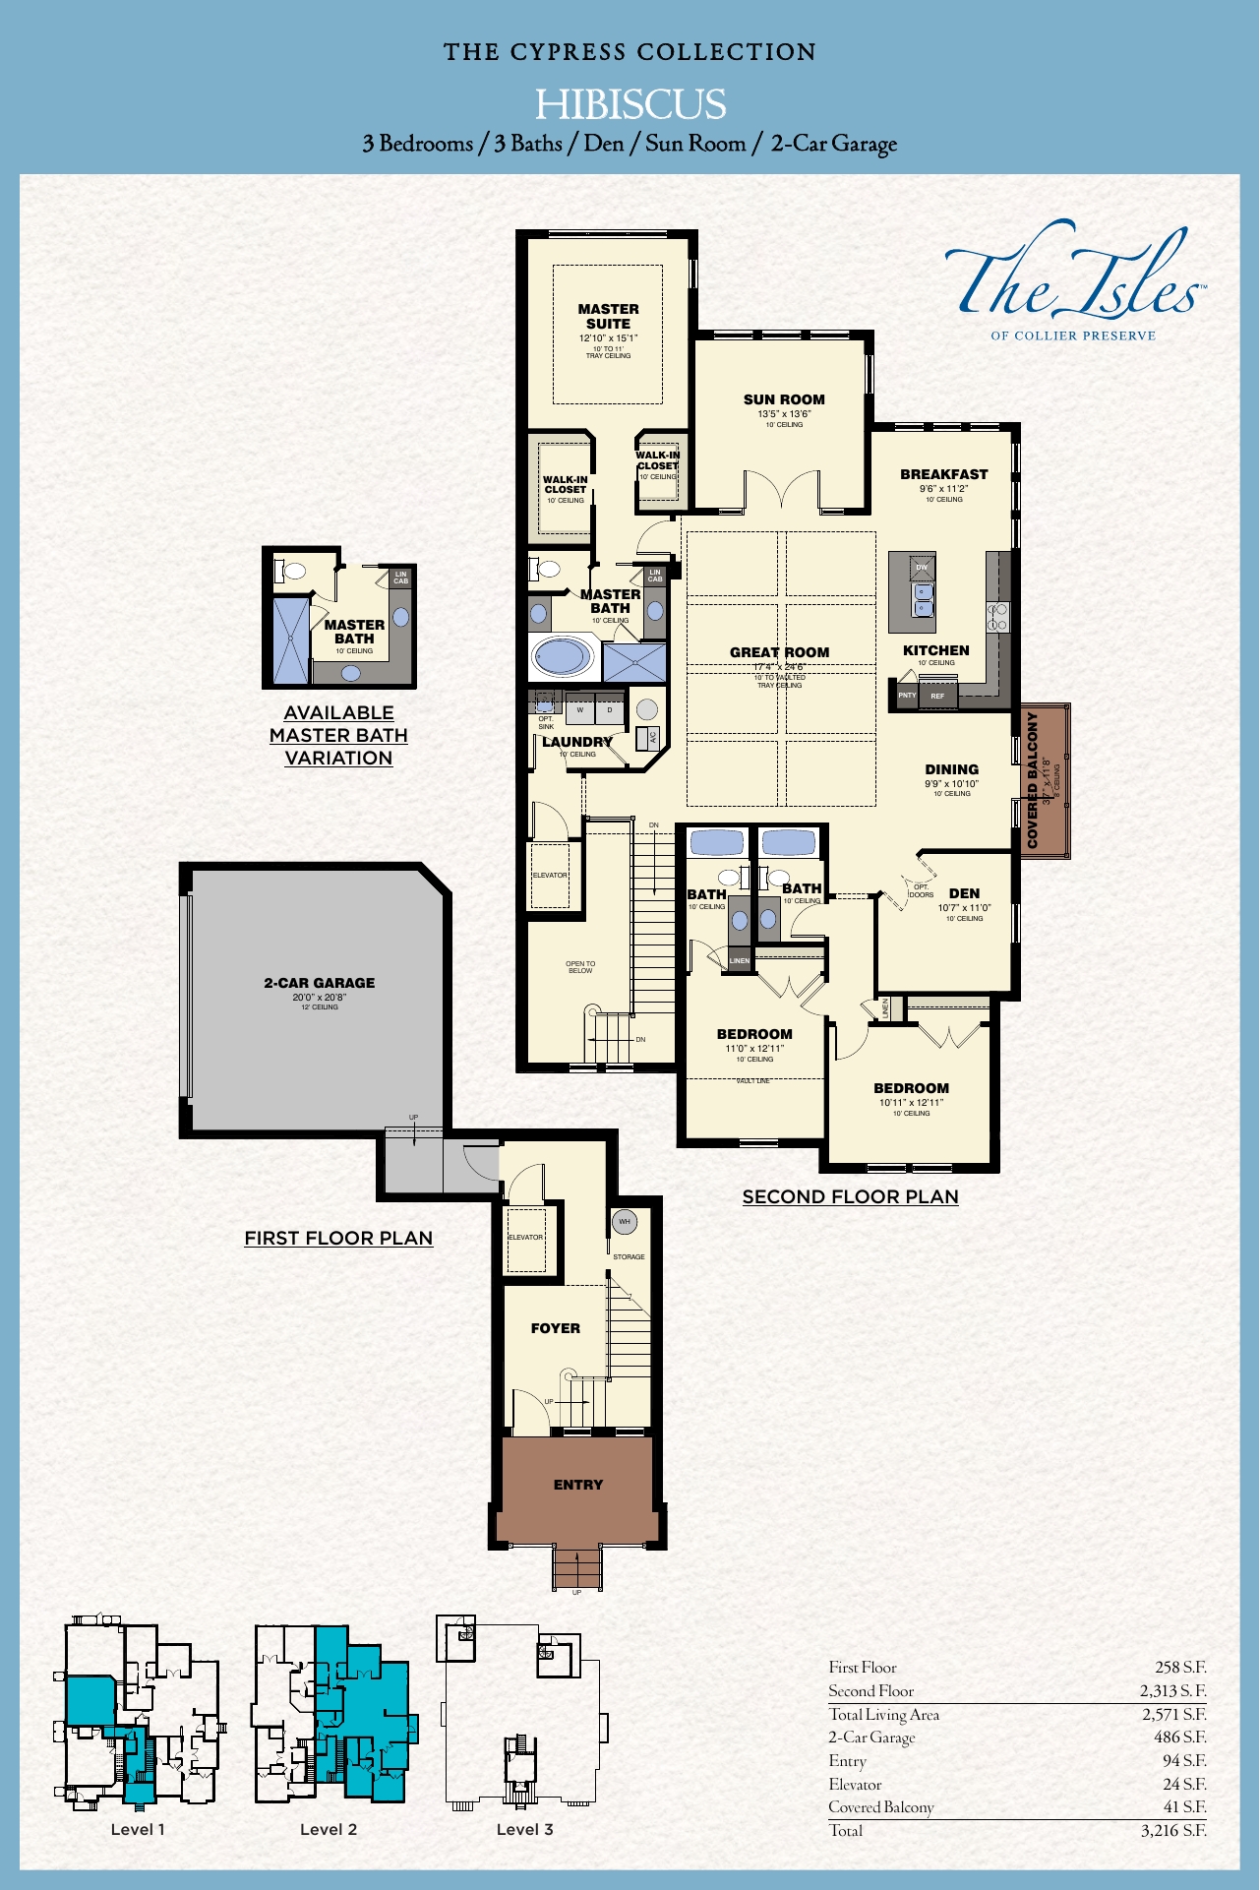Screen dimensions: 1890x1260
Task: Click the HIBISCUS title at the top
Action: (630, 104)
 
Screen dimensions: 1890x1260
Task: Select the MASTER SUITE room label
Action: (608, 316)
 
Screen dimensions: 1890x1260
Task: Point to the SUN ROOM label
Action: (784, 399)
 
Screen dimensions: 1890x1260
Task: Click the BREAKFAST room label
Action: (943, 474)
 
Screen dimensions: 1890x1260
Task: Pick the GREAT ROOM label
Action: (779, 652)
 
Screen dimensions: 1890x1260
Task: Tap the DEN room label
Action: (964, 893)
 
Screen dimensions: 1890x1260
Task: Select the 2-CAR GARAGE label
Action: (319, 983)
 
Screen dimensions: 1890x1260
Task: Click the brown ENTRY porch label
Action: (577, 1485)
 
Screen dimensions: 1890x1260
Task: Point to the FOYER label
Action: (555, 1328)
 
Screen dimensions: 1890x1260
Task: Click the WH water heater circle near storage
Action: (624, 1222)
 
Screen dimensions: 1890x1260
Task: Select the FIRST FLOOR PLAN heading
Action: (338, 1238)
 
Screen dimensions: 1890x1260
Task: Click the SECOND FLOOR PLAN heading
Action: (850, 1196)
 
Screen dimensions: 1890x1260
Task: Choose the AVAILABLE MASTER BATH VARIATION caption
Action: (338, 735)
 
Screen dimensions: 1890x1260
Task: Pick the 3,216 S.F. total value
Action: (1172, 1831)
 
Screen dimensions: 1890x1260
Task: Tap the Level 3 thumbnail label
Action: (524, 1829)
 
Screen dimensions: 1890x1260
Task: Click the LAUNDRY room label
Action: (577, 742)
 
